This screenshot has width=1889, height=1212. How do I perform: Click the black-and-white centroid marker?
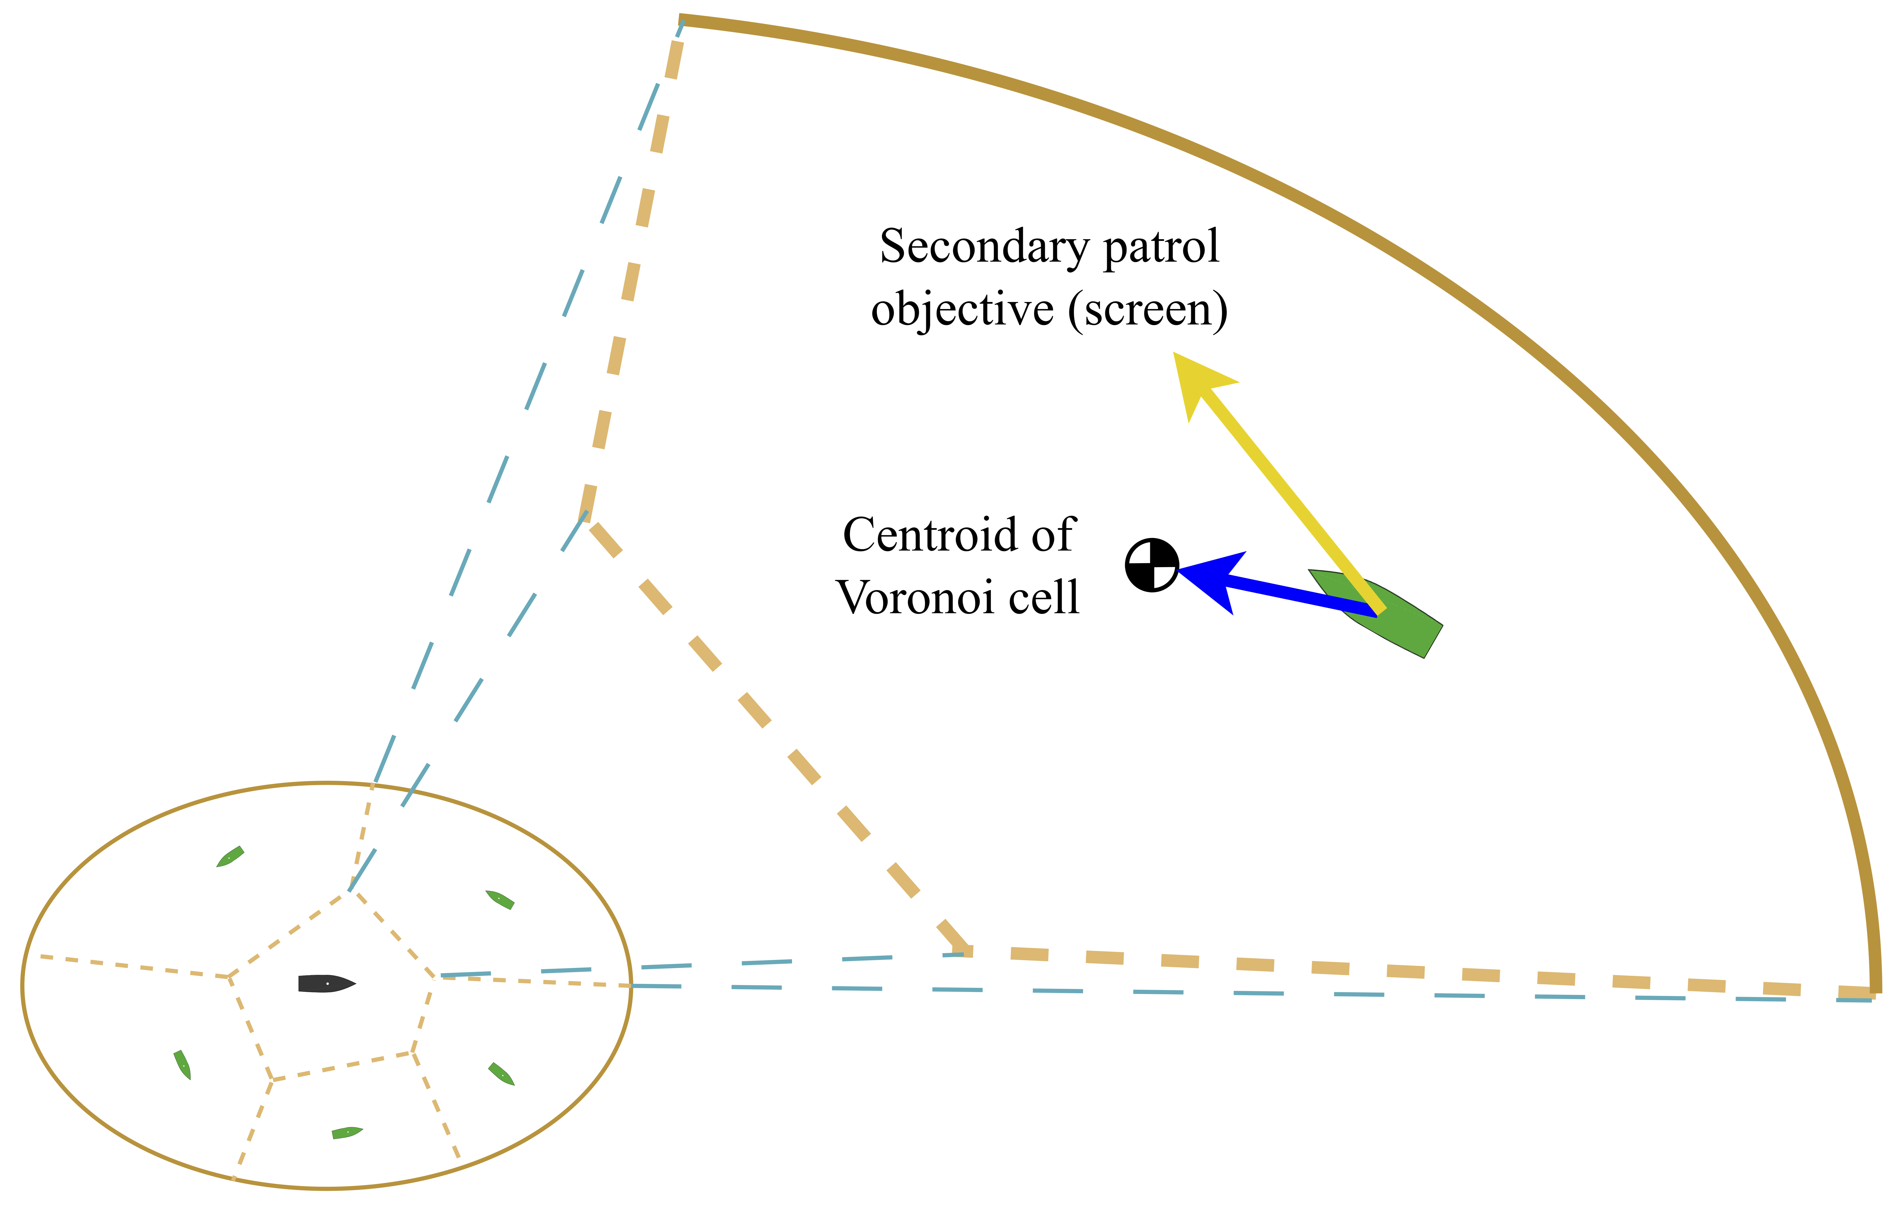point(1151,564)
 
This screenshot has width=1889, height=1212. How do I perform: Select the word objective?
point(961,309)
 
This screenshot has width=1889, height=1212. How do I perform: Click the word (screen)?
point(1147,309)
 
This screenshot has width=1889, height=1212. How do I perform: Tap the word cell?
point(1044,598)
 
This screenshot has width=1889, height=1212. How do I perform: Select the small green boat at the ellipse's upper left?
point(230,857)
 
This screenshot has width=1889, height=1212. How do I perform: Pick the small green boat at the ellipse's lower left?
point(183,1065)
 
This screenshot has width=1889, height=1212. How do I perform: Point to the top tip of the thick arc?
point(681,20)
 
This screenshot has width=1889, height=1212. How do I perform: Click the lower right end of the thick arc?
point(1876,988)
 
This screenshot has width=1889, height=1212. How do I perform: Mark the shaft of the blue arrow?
point(1298,596)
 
